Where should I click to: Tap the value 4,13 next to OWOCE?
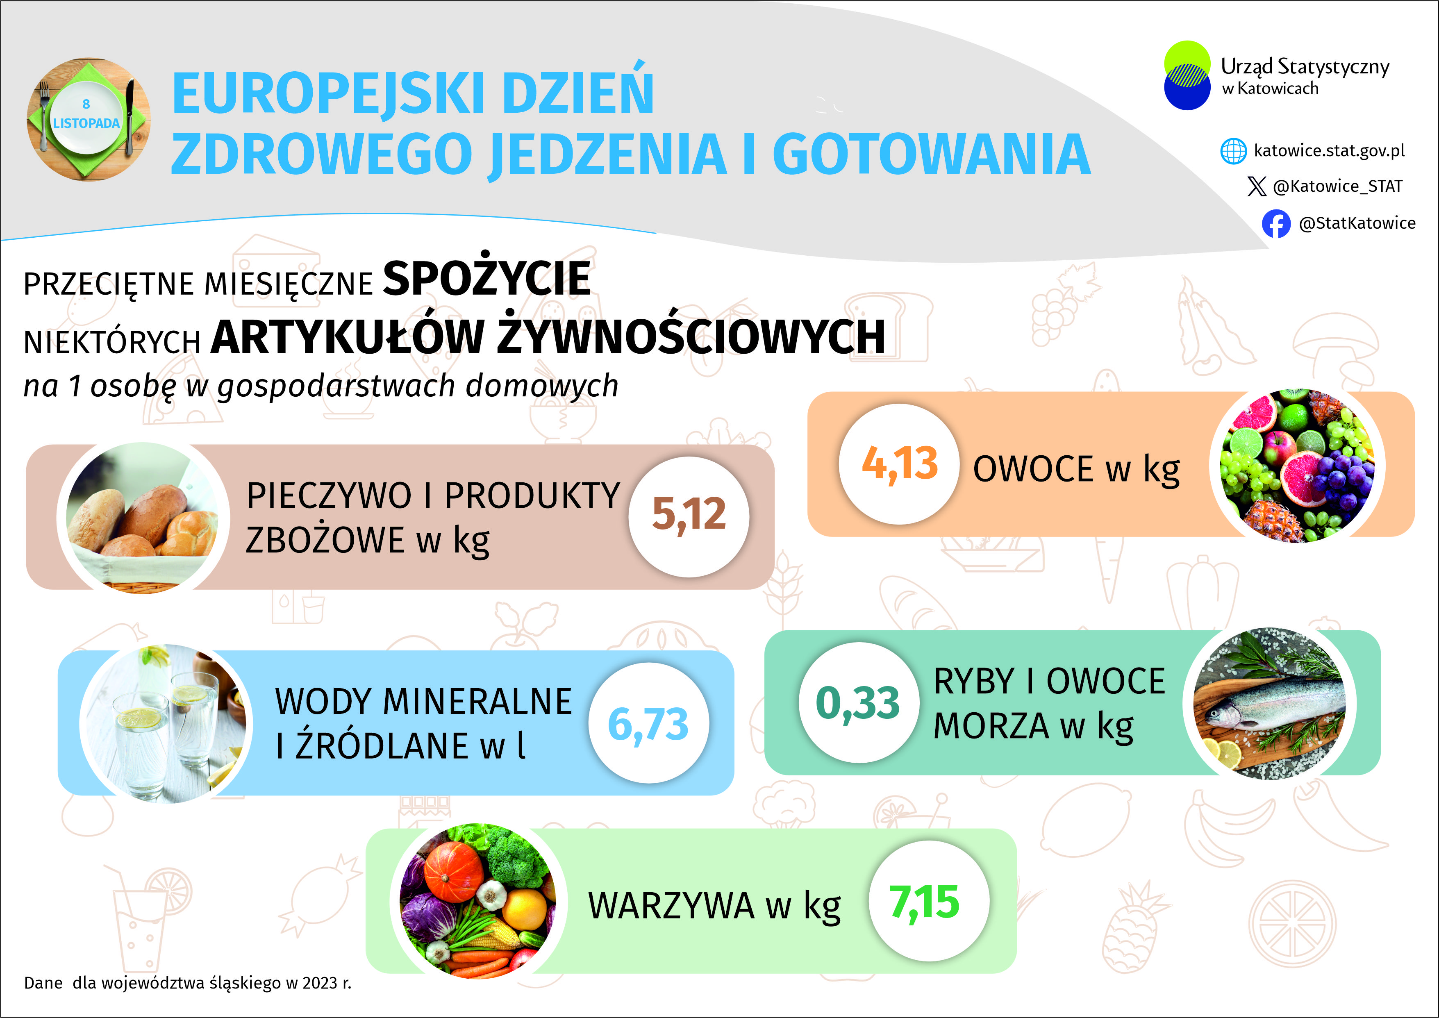click(x=899, y=464)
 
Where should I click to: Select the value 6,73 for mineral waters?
click(x=649, y=723)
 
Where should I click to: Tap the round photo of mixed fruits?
click(x=1297, y=465)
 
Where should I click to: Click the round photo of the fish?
click(x=1269, y=703)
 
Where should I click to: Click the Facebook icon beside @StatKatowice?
click(x=1276, y=223)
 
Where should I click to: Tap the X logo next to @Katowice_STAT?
click(x=1257, y=186)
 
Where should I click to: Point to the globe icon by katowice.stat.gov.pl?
click(x=1233, y=151)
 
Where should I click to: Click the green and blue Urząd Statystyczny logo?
click(x=1187, y=76)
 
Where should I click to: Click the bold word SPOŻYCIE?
click(x=486, y=279)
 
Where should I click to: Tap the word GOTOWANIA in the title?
click(x=931, y=154)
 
